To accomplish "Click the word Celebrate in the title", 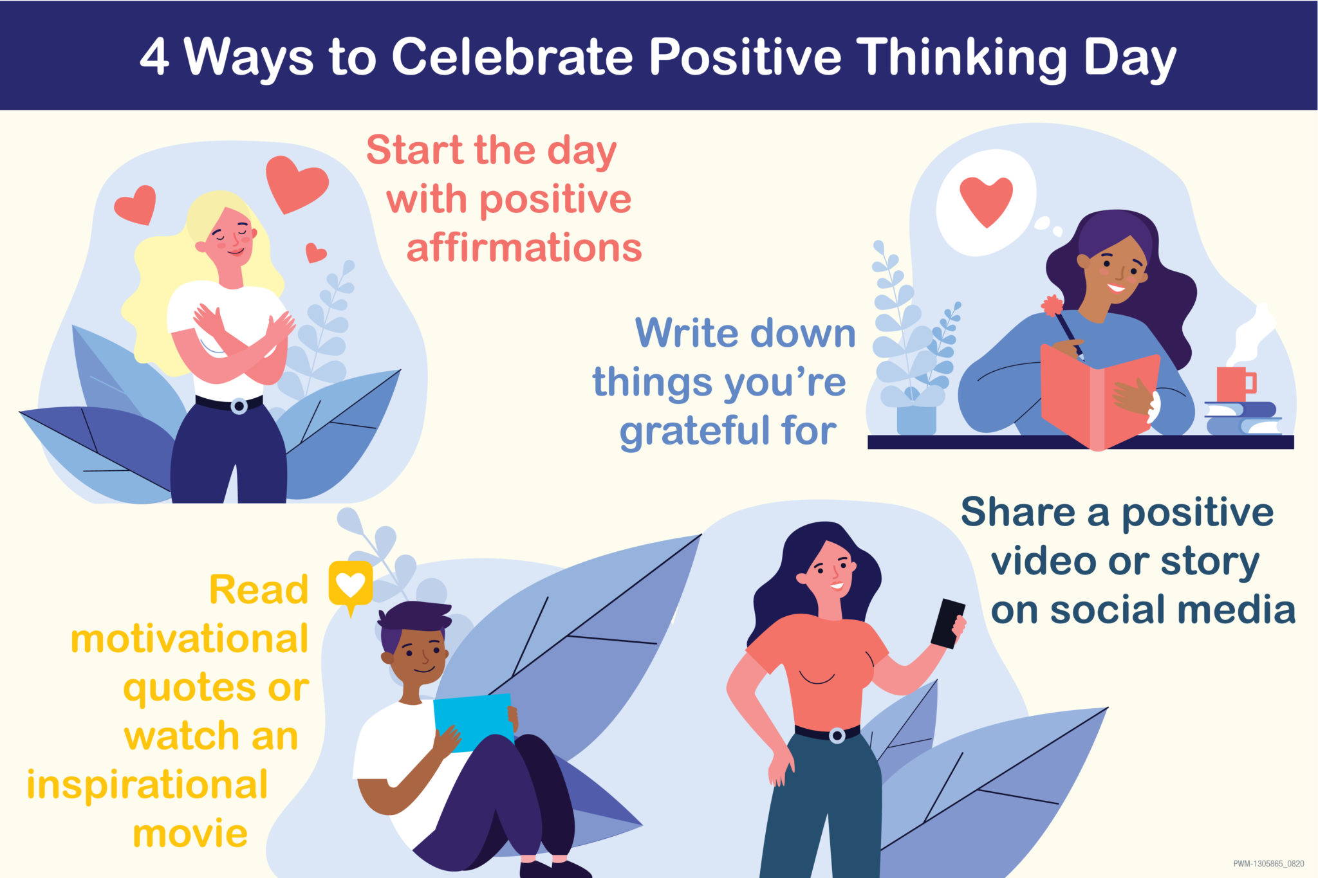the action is pos(512,57).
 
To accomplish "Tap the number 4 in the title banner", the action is pos(154,57).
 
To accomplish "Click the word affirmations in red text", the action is pos(524,248).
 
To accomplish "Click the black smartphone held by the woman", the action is pos(948,623).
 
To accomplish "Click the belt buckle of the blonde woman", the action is pos(239,407).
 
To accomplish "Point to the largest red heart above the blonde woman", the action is pos(296,183).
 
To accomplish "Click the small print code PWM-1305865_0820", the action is pos(1268,864).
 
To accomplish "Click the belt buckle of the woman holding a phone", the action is pos(837,735).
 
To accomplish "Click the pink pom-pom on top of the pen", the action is pos(1053,305).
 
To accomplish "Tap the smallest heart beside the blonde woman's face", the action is pos(315,252).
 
